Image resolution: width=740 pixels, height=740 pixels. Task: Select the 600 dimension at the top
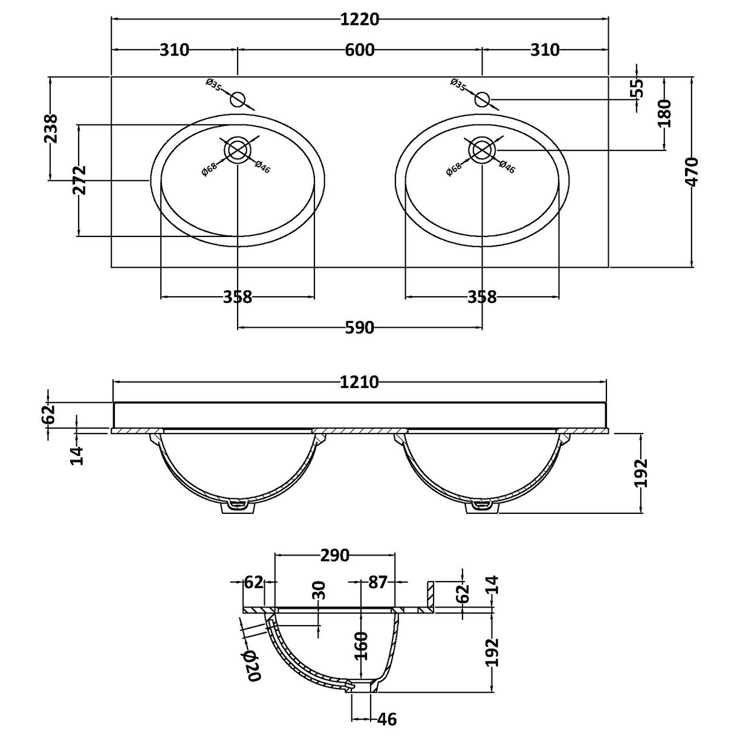coord(360,50)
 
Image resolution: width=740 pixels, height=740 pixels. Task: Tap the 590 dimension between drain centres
coord(360,328)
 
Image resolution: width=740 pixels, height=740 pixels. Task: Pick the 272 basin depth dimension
coord(79,180)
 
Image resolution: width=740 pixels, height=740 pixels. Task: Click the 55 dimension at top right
coord(636,88)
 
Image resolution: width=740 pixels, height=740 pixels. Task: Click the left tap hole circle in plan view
coord(238,99)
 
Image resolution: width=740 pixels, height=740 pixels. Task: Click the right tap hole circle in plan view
coord(482,99)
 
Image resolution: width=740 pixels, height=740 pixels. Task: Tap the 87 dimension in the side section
coord(377,582)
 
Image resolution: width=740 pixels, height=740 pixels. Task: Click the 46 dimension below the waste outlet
coord(387,719)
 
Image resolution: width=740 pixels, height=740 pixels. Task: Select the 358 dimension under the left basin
coord(238,297)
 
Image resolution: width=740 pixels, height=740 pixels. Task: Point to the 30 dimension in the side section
coord(319,589)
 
